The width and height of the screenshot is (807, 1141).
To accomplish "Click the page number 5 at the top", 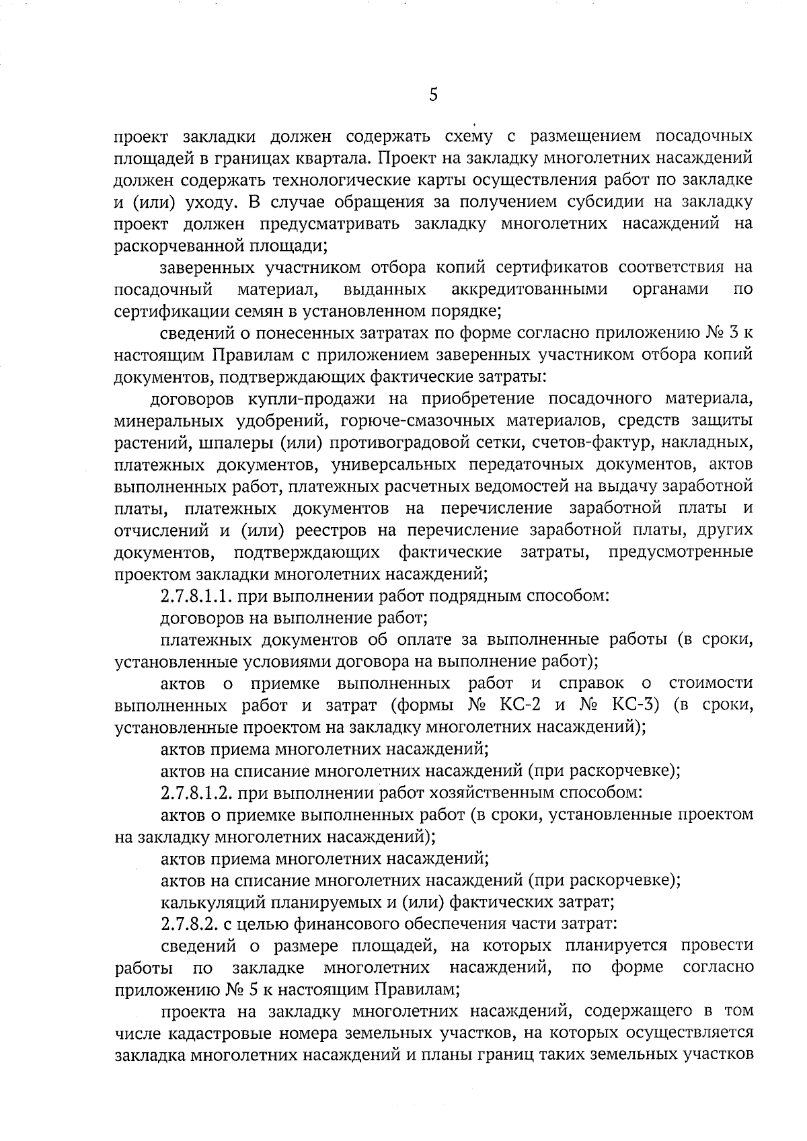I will [433, 95].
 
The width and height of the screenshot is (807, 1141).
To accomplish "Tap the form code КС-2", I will [520, 705].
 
